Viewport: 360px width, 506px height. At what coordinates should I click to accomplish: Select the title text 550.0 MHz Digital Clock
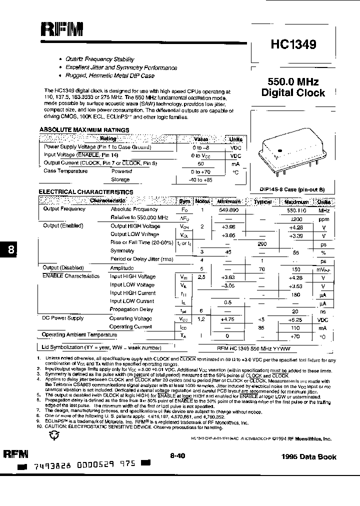coord(293,87)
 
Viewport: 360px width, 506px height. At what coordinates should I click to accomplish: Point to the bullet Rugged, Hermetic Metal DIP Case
coord(110,76)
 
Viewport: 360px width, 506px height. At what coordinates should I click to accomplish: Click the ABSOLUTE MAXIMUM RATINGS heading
coord(84,130)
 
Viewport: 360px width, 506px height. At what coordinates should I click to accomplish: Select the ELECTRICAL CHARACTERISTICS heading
coord(86,192)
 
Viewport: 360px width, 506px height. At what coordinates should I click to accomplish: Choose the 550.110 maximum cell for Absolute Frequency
coord(296,209)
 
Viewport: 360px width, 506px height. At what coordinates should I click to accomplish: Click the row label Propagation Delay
coord(131,309)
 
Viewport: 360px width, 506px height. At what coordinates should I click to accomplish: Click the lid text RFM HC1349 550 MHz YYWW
coord(254,347)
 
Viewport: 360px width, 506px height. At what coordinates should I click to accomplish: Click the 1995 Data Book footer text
coord(309,456)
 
